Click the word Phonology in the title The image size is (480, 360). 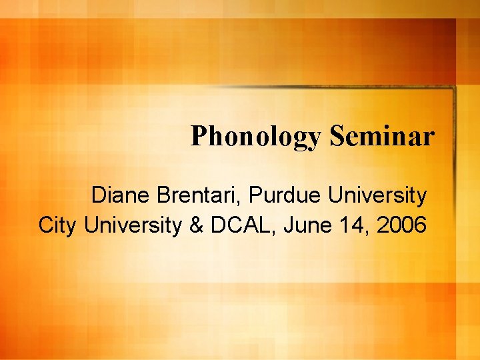tap(256, 137)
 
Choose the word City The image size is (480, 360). tap(59, 225)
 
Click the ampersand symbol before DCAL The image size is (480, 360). tap(196, 225)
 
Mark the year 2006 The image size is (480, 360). tap(401, 225)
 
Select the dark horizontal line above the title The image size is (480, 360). tap(333, 87)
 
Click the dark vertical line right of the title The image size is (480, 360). tap(455, 133)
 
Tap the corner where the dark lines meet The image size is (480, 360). tap(454, 87)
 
